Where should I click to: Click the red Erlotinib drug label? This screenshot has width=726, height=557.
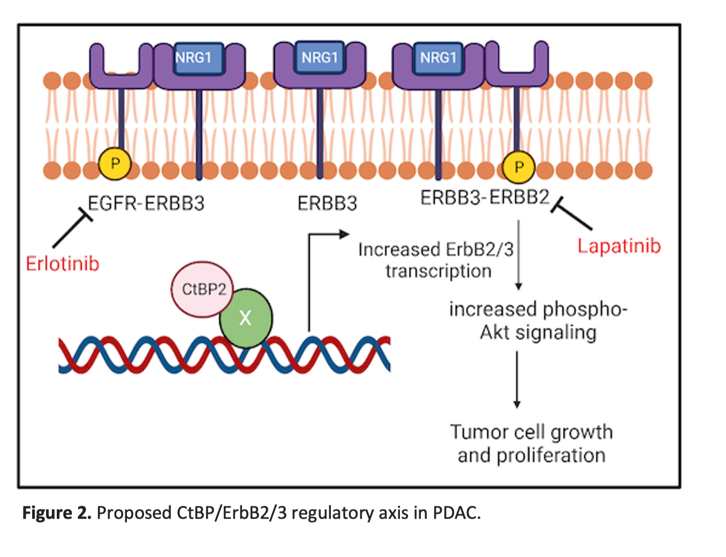[x=63, y=264]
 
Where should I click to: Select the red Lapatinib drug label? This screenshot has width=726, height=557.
[x=619, y=246]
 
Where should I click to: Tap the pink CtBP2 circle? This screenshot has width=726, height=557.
[x=202, y=289]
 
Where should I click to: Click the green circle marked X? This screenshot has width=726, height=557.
[x=246, y=318]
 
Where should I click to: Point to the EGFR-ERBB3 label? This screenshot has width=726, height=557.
[x=146, y=204]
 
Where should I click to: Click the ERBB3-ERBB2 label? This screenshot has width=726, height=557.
[x=485, y=198]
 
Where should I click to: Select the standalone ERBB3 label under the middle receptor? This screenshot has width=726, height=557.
[x=327, y=204]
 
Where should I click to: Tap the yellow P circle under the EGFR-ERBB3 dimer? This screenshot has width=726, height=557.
[x=115, y=163]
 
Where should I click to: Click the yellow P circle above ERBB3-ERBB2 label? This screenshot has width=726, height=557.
[x=518, y=167]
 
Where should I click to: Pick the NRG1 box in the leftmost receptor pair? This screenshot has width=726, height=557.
[x=194, y=58]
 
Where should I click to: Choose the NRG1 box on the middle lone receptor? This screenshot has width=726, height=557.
[x=320, y=57]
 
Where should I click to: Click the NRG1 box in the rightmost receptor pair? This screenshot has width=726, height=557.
[x=438, y=57]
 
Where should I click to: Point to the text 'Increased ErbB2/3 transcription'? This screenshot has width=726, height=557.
[x=436, y=260]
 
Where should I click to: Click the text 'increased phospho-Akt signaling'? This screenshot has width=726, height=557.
[x=538, y=321]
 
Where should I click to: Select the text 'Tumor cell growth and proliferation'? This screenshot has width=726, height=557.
[x=531, y=443]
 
